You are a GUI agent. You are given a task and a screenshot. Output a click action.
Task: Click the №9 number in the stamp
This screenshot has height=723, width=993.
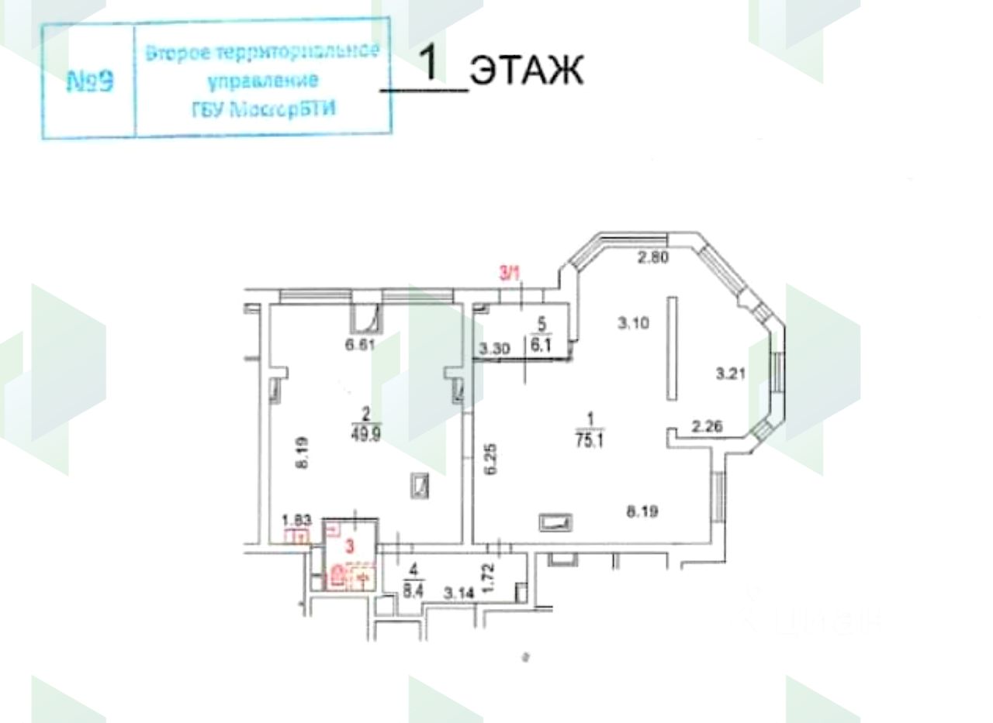(x=91, y=81)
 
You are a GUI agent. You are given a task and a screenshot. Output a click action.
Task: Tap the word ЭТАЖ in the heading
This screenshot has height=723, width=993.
(x=527, y=71)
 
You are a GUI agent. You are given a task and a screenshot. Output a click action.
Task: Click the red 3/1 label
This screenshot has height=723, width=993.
(x=509, y=272)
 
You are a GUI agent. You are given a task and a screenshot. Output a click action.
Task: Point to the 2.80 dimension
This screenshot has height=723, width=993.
(x=653, y=258)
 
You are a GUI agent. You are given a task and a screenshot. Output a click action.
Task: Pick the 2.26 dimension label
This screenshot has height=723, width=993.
(x=707, y=425)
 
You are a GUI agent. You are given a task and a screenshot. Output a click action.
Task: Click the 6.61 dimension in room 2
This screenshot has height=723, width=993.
(x=360, y=344)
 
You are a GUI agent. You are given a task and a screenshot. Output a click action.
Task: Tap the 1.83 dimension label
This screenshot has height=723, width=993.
(x=296, y=520)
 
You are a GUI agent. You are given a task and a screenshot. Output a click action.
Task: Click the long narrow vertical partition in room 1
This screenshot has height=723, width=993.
(x=673, y=349)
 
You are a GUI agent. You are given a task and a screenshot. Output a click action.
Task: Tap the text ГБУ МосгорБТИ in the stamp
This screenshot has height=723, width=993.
(x=265, y=108)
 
